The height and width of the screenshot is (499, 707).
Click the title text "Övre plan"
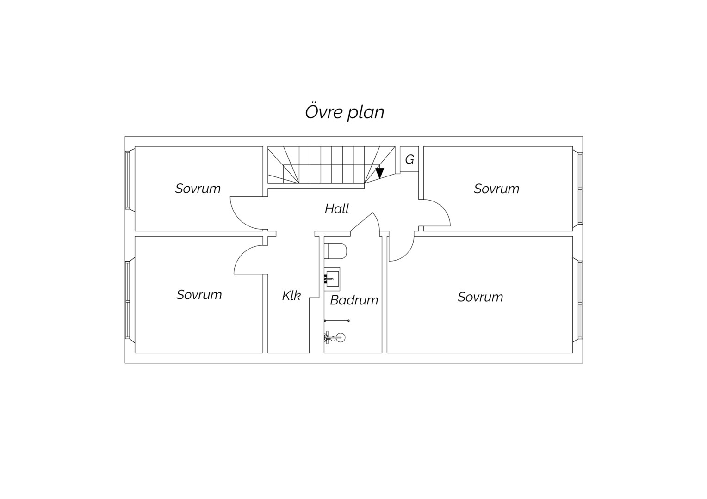pos(345,112)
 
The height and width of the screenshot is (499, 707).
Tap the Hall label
pos(337,209)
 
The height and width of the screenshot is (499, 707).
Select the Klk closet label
pos(291,296)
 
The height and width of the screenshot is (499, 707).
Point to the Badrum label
pos(354,300)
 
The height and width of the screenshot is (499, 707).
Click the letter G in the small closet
pos(409,160)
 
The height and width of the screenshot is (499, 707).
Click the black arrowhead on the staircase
pos(380,173)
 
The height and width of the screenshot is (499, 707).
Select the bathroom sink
pos(332,279)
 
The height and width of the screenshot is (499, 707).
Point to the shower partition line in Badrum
pos(337,321)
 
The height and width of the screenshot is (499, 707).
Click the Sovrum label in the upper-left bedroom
pos(198,189)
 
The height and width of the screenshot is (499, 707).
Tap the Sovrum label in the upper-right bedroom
pos(496,189)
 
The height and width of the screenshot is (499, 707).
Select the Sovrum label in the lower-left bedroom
pos(199,295)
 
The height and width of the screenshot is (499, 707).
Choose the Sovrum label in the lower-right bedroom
pos(480,297)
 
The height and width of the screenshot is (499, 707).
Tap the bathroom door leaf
pos(362,222)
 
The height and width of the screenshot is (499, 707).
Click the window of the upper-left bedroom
pos(128,180)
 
